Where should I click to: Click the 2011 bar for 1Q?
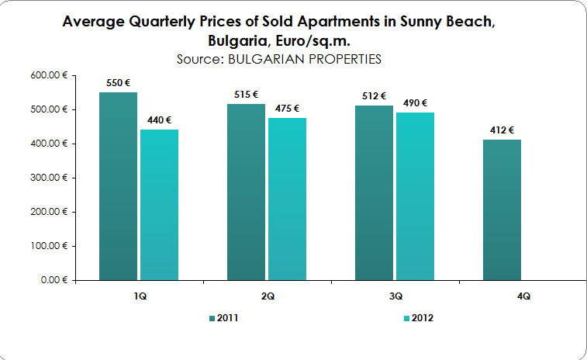118,186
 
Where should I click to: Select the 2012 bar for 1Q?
159,205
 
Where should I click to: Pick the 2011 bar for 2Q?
246,192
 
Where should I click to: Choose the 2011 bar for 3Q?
374,192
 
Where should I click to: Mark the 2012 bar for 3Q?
415,196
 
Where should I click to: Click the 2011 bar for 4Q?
502,209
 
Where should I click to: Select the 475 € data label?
287,108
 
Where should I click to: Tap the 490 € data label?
415,102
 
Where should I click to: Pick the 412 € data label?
502,130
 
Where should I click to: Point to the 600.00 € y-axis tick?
52,75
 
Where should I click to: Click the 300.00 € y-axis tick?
52,178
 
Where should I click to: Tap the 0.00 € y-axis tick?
57,279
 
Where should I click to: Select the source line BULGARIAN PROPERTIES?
279,59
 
